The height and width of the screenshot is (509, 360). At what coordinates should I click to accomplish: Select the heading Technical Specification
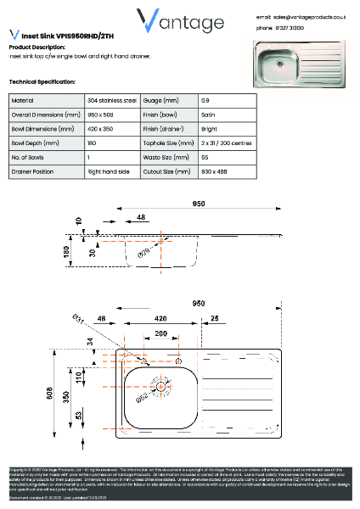click(x=42, y=81)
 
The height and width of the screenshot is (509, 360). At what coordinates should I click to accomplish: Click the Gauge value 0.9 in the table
click(x=207, y=100)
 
